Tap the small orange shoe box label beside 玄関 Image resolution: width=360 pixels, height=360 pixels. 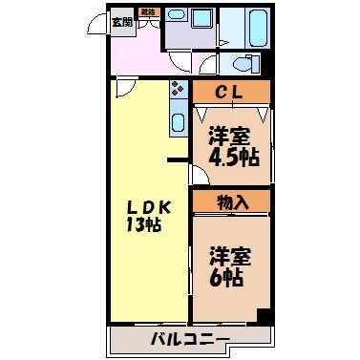click(148, 12)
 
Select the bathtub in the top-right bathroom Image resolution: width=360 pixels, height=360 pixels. click(259, 25)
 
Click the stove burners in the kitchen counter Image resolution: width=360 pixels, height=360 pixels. click(177, 92)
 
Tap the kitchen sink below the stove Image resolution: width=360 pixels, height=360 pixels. click(178, 122)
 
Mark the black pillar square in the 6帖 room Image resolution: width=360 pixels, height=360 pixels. click(265, 316)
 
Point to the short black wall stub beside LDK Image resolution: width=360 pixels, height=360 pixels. click(176, 159)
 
